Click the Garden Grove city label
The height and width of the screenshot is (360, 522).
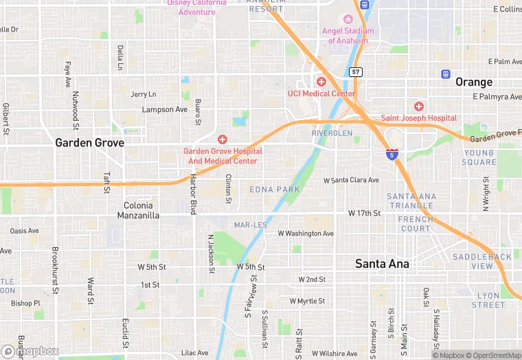(x=89, y=143)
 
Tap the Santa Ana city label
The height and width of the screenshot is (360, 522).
(x=382, y=264)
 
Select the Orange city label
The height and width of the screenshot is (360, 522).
(x=473, y=82)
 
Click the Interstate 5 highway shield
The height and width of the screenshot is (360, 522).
(x=391, y=155)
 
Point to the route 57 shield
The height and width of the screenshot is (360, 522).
(x=355, y=71)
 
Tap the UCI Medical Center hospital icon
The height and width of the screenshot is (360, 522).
(x=321, y=82)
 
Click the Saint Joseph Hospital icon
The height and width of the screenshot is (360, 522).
(x=419, y=106)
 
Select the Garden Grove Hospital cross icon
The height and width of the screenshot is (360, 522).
(x=222, y=139)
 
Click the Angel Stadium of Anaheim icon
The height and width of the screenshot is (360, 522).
(x=348, y=19)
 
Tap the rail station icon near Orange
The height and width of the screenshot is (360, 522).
(x=446, y=74)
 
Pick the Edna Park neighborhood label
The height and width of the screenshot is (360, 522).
(x=275, y=189)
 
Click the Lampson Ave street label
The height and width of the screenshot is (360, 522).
(x=164, y=110)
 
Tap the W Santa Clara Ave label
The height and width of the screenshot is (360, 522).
(x=351, y=180)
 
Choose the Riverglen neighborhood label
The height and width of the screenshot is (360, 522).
(x=332, y=133)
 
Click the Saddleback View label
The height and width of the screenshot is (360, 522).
(x=481, y=261)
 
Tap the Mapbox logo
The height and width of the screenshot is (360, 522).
(x=31, y=351)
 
